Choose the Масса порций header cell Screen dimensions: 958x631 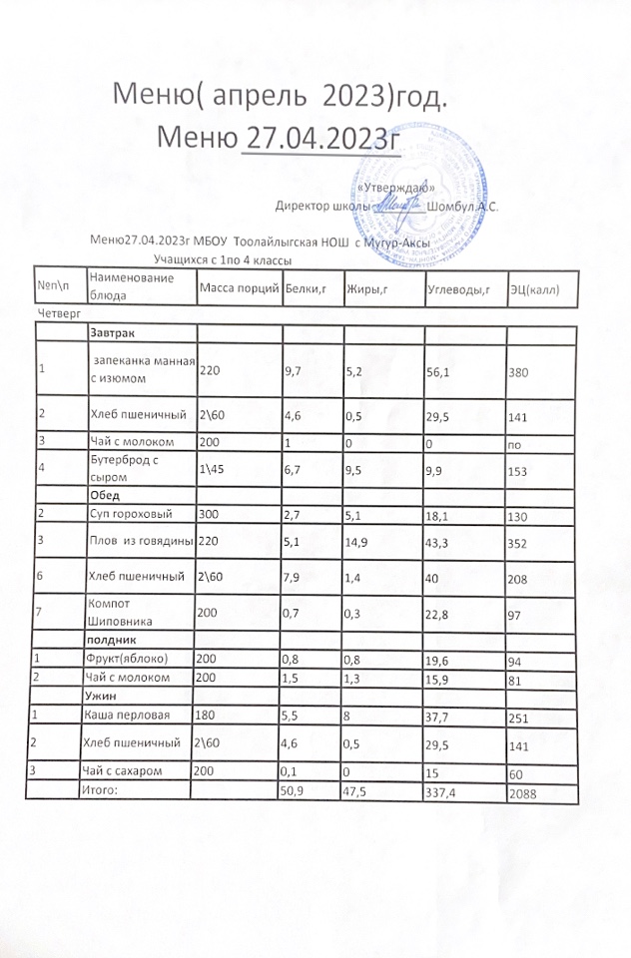pyautogui.click(x=239, y=288)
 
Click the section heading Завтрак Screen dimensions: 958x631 pyautogui.click(x=113, y=332)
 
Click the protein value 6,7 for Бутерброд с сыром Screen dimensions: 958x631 pyautogui.click(x=294, y=469)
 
